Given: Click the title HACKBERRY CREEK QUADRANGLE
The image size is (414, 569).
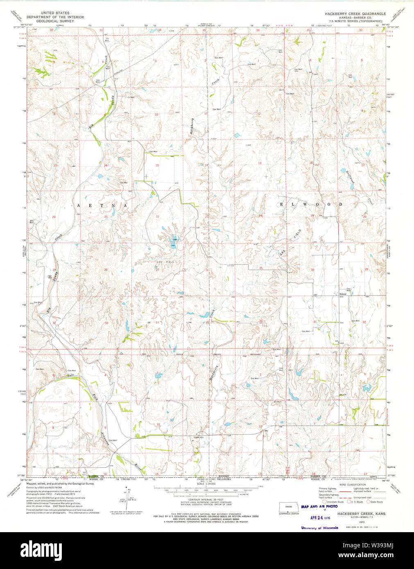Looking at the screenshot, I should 355,14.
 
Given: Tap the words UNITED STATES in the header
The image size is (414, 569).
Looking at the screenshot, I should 55,13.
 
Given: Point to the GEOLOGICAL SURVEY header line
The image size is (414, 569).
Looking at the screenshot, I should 55,21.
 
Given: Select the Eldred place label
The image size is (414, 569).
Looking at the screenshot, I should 343,294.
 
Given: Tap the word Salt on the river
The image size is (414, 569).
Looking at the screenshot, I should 70,375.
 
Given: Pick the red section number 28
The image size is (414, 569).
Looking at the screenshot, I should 106,270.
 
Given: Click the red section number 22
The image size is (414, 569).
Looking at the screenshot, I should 157,217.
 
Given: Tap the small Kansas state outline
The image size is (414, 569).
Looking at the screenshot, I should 289,507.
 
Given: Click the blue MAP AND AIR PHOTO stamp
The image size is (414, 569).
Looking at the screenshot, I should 319,507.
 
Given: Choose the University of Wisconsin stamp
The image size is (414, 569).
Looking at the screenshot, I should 319,528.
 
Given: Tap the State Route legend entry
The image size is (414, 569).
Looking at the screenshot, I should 375,501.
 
